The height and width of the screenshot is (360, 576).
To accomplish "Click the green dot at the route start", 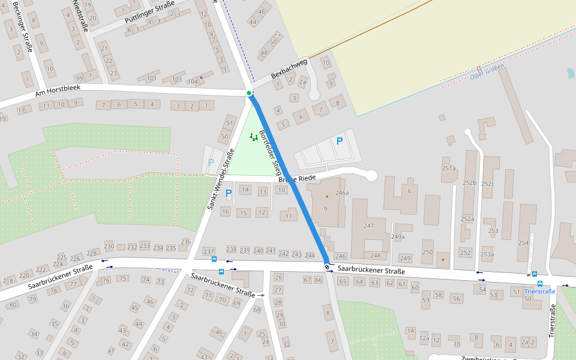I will pos(249,93).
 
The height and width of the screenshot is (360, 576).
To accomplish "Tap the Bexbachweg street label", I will pos(289,69).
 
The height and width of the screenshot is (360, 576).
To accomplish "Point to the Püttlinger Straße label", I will pos(149,13).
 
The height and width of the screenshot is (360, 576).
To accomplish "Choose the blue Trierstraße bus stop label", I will pos(540,292).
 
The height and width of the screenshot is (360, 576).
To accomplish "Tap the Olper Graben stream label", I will pos(487,73).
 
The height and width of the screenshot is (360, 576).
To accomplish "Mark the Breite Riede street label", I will pos(296,178).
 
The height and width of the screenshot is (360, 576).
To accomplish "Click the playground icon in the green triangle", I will pos(254,137).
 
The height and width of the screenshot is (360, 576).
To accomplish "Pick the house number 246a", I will pos(342,193).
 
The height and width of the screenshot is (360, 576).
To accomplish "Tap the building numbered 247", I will pos(368,226).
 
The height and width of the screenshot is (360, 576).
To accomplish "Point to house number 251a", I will pos(449,169).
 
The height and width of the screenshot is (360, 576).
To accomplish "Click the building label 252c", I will pos(488,184).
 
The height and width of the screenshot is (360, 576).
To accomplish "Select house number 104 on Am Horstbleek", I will pos(193,82).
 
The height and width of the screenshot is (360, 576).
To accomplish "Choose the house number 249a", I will pos(398,237).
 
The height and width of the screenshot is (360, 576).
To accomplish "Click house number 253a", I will pos(487,254).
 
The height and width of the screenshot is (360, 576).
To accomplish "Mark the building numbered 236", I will pos(185,242).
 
